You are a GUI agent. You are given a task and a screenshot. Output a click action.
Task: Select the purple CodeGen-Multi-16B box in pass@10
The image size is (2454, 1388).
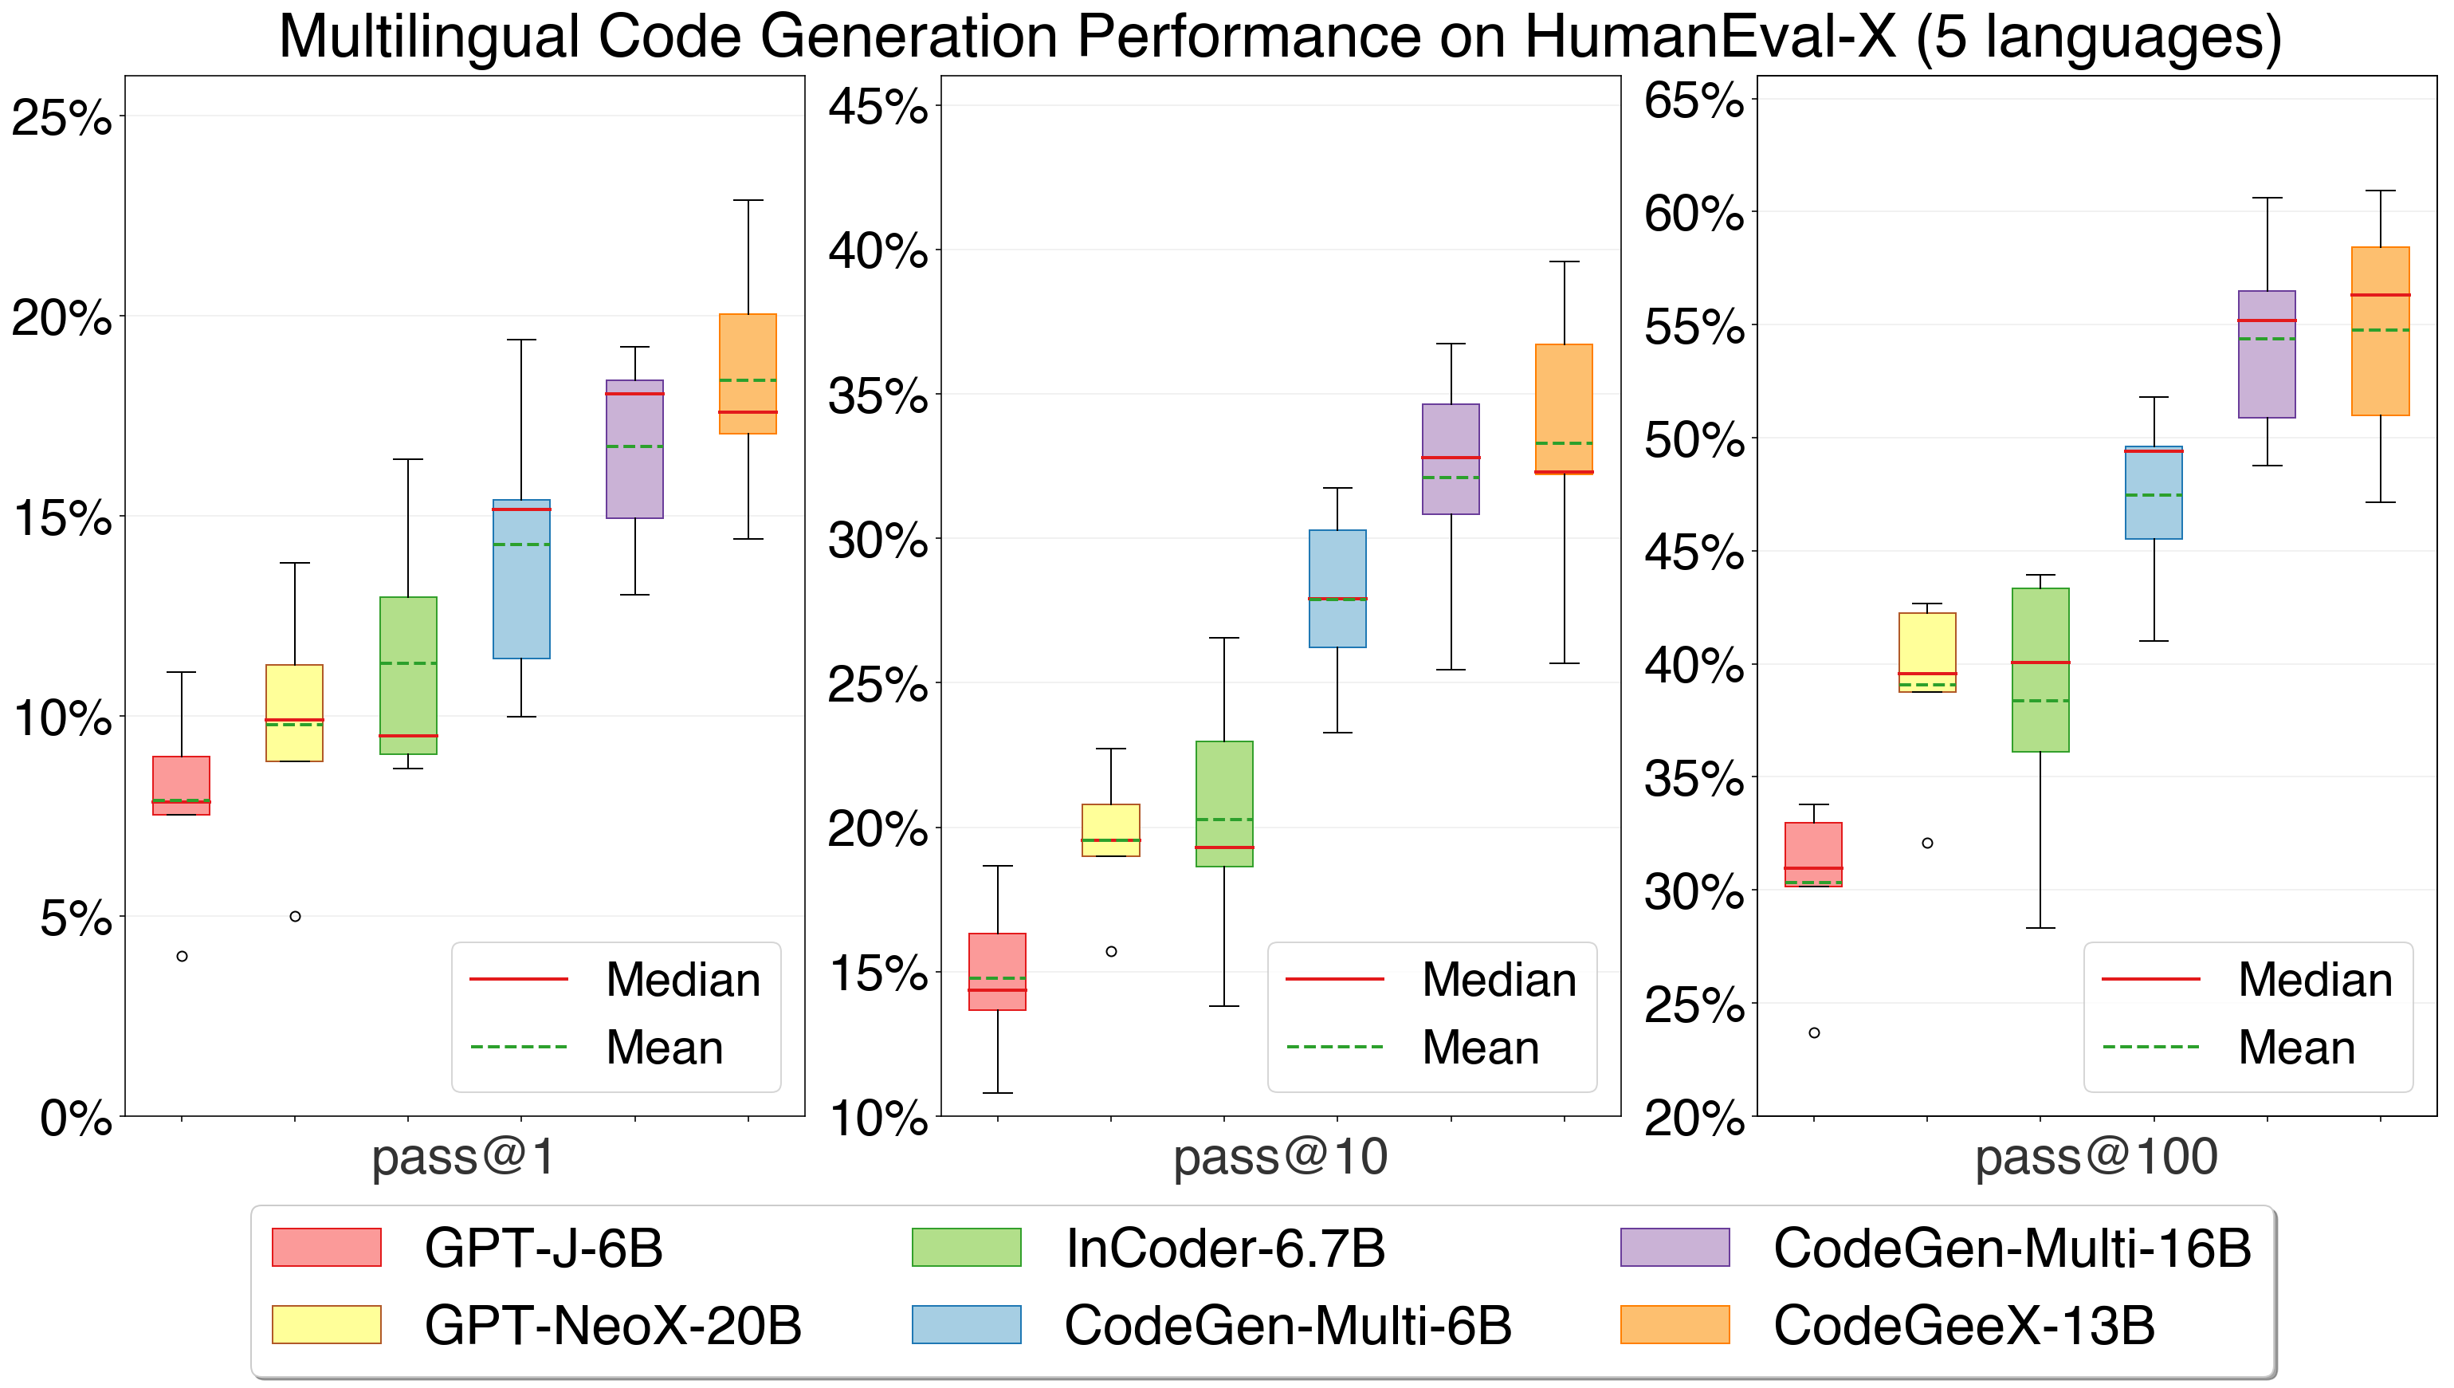click(x=1451, y=458)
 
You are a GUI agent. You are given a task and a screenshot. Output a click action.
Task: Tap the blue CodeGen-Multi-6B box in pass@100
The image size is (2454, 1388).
click(x=2153, y=492)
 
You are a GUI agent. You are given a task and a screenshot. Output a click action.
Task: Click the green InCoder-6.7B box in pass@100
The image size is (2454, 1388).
click(x=2040, y=670)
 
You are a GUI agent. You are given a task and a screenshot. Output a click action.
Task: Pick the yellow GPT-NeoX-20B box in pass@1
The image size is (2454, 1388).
click(x=294, y=712)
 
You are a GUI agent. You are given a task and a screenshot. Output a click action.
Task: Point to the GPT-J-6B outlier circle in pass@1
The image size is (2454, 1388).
click(x=182, y=956)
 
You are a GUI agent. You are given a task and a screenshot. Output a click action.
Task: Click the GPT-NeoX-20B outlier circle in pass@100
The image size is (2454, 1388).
click(x=1927, y=843)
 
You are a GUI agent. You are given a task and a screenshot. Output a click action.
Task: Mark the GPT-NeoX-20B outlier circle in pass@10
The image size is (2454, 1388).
click(x=1111, y=951)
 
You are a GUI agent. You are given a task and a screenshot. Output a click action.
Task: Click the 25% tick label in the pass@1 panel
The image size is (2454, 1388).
click(x=61, y=118)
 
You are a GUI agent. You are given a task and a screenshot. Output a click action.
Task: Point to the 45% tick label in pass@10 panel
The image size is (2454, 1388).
click(x=878, y=106)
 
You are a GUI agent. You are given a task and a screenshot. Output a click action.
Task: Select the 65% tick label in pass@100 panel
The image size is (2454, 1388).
click(x=1694, y=100)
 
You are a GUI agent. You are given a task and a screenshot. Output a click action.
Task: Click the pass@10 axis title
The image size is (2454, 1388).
click(x=1280, y=1158)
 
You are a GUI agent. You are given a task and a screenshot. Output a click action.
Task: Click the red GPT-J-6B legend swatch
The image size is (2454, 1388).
click(x=326, y=1247)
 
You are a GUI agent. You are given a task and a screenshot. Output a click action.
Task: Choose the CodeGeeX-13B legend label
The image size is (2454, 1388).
click(x=1963, y=1325)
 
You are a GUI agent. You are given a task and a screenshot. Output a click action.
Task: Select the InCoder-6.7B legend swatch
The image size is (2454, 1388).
click(x=965, y=1247)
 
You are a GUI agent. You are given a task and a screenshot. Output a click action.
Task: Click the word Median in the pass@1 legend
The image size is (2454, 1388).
click(x=682, y=980)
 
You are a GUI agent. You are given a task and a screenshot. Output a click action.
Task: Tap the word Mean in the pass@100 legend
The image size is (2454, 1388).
click(x=2296, y=1048)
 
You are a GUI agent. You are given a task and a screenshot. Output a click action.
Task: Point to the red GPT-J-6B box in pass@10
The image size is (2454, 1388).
click(x=997, y=971)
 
